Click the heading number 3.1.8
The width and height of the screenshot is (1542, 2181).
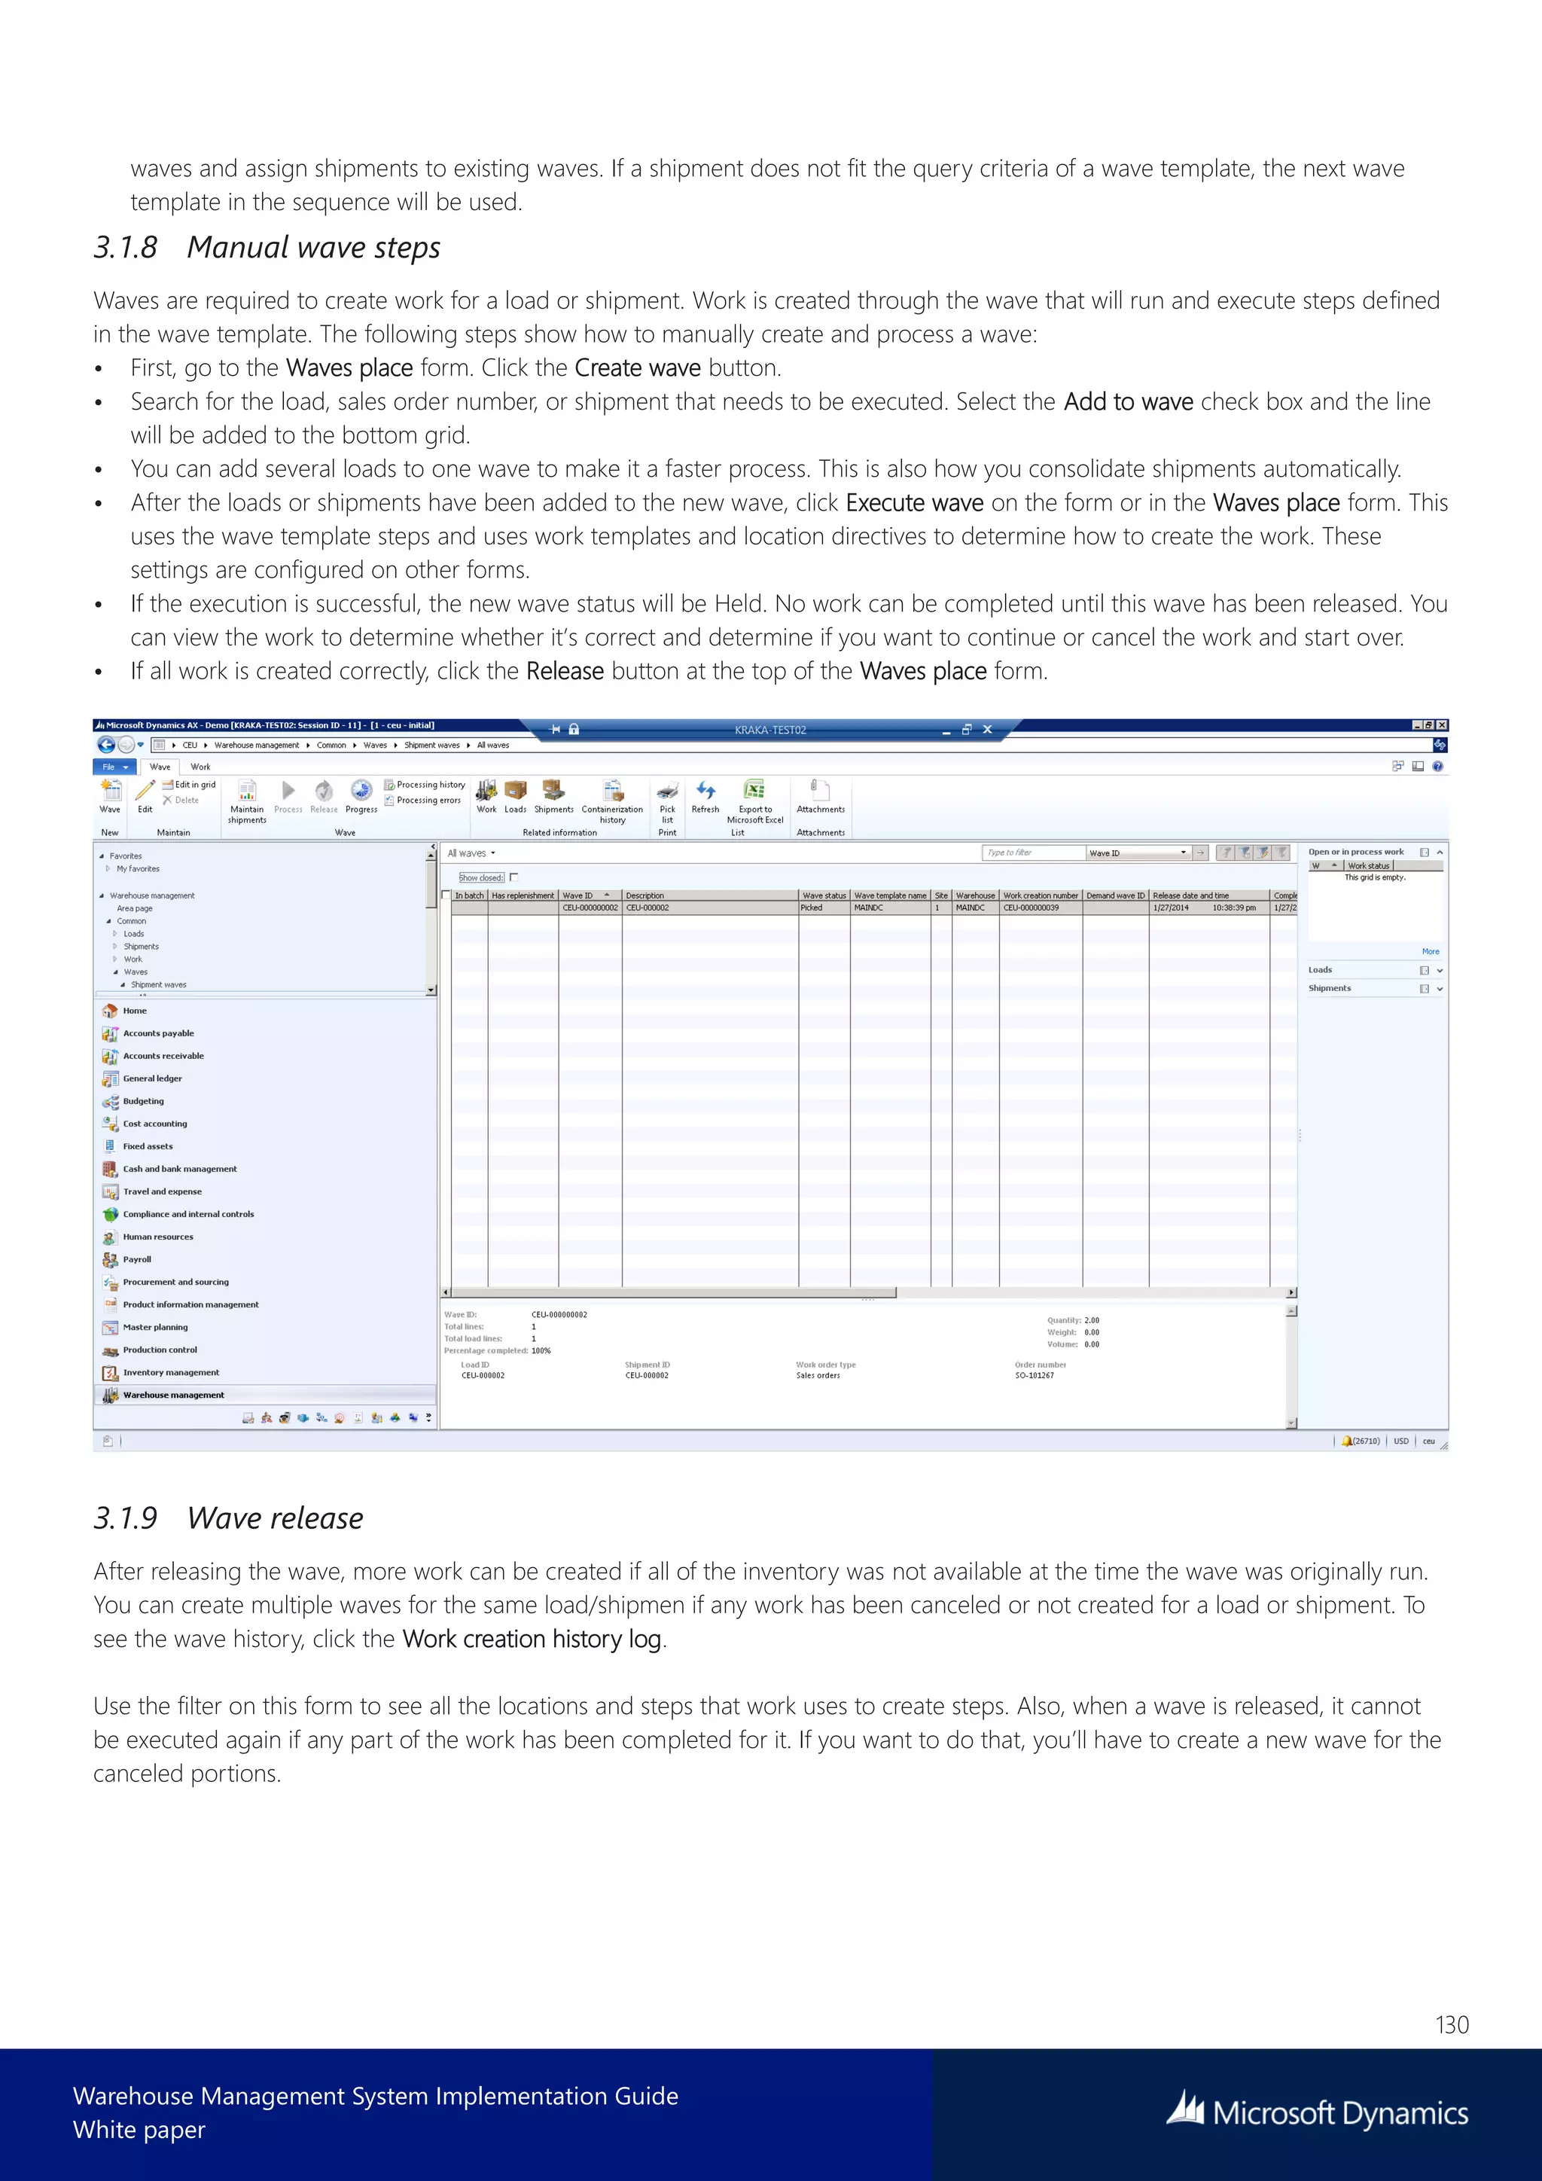124,248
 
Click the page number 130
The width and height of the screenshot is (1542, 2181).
1451,2025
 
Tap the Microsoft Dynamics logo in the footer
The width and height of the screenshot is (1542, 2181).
1317,2112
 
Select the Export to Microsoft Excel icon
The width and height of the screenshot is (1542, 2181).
755,790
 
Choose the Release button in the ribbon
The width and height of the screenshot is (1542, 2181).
324,796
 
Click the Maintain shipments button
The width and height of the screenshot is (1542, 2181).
247,798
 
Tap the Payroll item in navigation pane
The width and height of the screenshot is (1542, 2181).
137,1260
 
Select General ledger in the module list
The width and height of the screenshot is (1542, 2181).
152,1079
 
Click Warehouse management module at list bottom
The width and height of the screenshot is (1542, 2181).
173,1396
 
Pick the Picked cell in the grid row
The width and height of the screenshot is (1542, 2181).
812,908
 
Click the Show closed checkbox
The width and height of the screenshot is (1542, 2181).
513,877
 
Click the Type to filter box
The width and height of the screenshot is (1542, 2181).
1032,853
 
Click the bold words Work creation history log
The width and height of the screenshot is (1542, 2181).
532,1640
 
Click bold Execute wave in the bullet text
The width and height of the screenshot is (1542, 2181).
913,504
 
